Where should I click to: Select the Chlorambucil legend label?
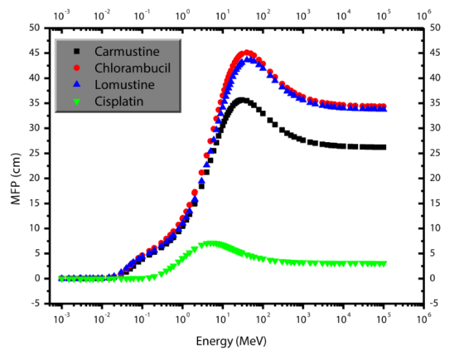point(133,68)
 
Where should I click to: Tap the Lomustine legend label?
point(125,85)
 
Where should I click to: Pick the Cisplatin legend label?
point(119,101)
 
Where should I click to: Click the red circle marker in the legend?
point(77,68)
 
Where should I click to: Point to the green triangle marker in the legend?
point(77,102)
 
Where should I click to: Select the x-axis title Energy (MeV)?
point(231,342)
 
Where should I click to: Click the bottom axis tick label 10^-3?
point(61,316)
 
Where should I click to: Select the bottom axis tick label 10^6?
point(423,316)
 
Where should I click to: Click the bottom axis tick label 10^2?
point(263,316)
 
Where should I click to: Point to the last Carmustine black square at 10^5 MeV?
point(383,147)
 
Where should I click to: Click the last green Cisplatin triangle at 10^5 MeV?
point(383,264)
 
